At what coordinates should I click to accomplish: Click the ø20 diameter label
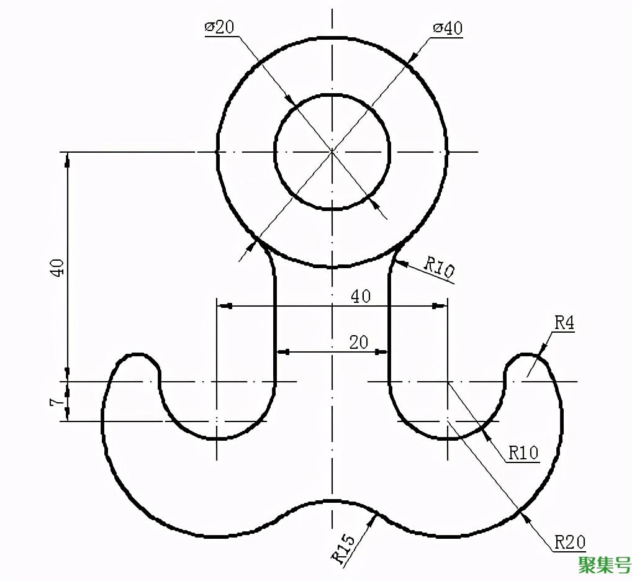point(220,27)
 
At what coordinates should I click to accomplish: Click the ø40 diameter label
point(448,28)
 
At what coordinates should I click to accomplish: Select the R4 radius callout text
point(564,323)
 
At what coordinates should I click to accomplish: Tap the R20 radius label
point(570,542)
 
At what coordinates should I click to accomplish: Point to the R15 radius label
point(343,548)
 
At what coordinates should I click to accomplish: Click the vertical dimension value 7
point(57,402)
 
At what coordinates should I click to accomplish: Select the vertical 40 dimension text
point(57,267)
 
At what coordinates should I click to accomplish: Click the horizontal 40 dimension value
point(361,296)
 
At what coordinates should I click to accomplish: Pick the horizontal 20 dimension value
point(359,343)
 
